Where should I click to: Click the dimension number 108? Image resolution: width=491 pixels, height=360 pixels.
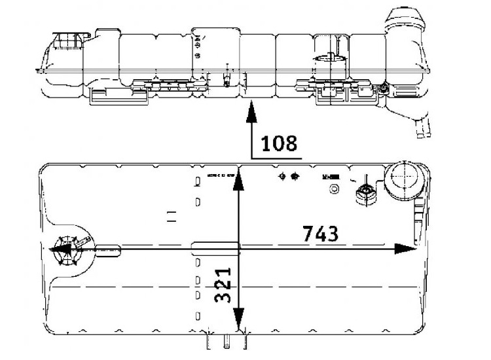(x=279, y=143)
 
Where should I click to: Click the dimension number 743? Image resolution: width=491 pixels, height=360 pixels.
(x=320, y=233)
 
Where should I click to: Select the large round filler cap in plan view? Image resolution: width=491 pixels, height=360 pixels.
(x=403, y=179)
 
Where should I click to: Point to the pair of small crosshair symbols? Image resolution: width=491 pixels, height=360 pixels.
(x=288, y=176)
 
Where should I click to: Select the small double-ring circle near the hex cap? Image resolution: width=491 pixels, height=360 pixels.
(x=335, y=190)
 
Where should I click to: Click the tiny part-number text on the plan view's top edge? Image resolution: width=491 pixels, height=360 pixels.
(x=220, y=175)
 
